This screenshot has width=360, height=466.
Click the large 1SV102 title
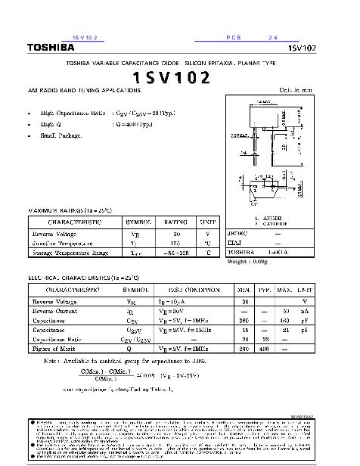[172, 78]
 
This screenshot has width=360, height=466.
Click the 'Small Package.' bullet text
[61, 135]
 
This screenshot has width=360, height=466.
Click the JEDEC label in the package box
[237, 235]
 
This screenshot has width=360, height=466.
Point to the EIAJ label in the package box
[235, 244]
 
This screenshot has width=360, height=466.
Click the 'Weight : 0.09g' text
[248, 262]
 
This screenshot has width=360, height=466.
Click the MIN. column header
[244, 290]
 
